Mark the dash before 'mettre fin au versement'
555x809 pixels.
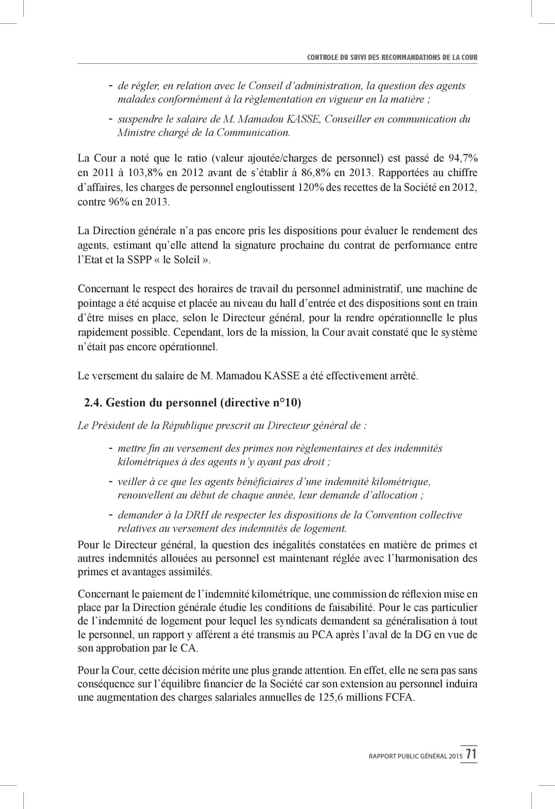110,448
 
